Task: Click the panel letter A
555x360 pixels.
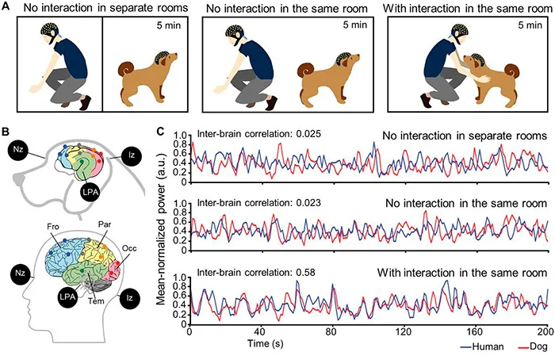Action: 6,6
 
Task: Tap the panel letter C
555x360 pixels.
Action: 160,132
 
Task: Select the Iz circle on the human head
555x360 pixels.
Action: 130,297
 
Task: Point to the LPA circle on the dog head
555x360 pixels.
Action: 89,192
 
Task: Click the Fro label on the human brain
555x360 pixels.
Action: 53,227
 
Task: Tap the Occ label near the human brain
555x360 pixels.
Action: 129,248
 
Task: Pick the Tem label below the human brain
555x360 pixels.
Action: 96,301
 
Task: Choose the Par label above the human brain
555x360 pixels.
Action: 105,224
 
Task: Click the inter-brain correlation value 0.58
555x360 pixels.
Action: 304,273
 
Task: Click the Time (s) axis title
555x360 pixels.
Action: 266,343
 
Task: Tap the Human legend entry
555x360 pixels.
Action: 483,347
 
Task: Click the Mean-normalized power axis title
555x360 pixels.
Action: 161,229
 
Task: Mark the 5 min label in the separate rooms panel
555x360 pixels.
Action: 168,25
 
